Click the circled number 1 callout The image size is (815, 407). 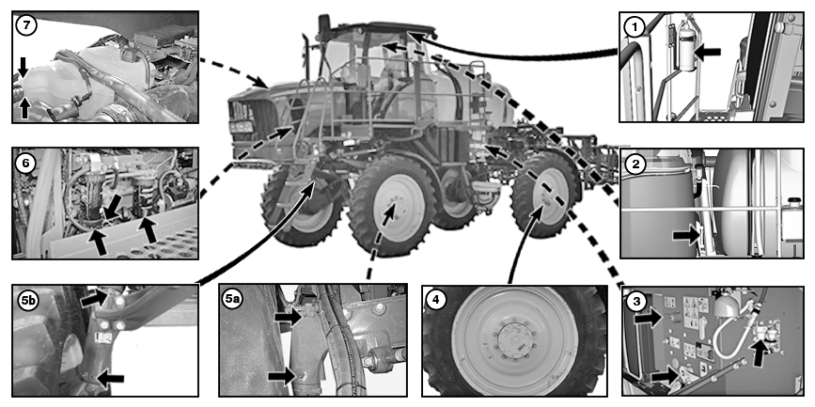[636, 26]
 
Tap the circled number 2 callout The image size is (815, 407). [636, 164]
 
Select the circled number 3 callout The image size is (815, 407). [636, 301]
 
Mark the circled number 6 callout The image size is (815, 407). [25, 162]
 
